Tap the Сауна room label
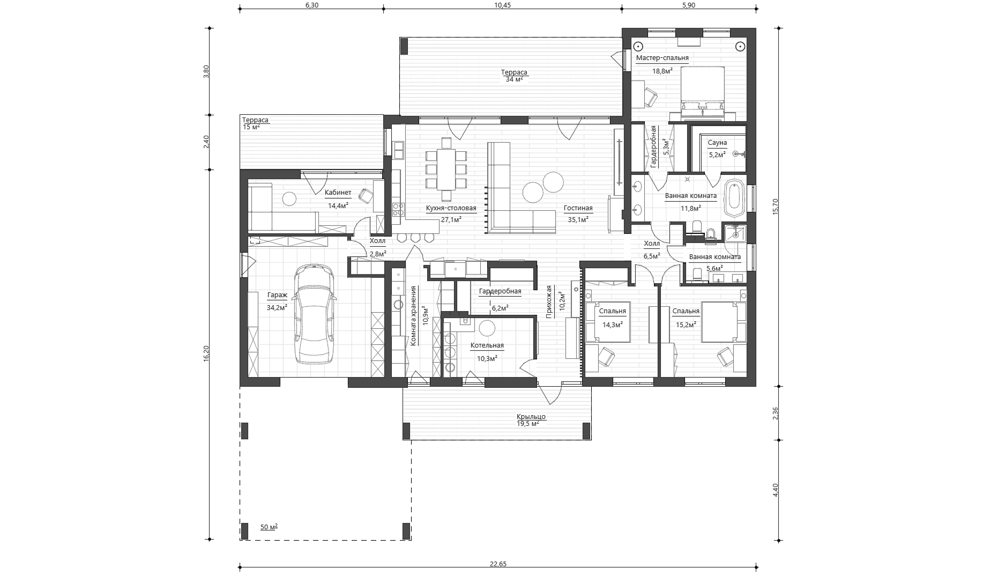coord(717,143)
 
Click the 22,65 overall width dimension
coord(498,564)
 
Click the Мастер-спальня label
coord(662,58)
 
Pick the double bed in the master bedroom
coord(703,91)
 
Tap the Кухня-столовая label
coord(451,208)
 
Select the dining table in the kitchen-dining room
coord(446,169)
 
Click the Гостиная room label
coord(578,208)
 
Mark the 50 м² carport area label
coord(269,527)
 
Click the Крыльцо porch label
coord(531,417)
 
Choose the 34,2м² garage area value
coord(277,307)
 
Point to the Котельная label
coord(487,345)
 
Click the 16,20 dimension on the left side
coord(206,354)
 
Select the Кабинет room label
coord(338,193)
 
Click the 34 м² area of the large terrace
coord(514,79)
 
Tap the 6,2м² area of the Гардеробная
coord(500,308)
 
